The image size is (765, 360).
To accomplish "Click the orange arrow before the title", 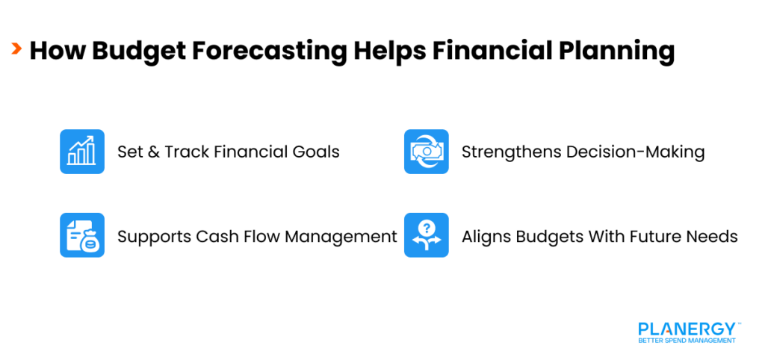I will coord(16,49).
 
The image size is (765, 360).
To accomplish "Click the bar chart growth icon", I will coord(82,152).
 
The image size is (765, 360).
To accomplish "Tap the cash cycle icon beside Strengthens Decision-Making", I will coord(427,152).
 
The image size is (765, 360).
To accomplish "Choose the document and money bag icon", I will coord(82,235).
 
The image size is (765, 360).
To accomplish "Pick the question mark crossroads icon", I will coord(427,235).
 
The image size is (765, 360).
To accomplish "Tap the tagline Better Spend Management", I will coord(687,341).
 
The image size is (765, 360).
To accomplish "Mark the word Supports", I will coord(153,238).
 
